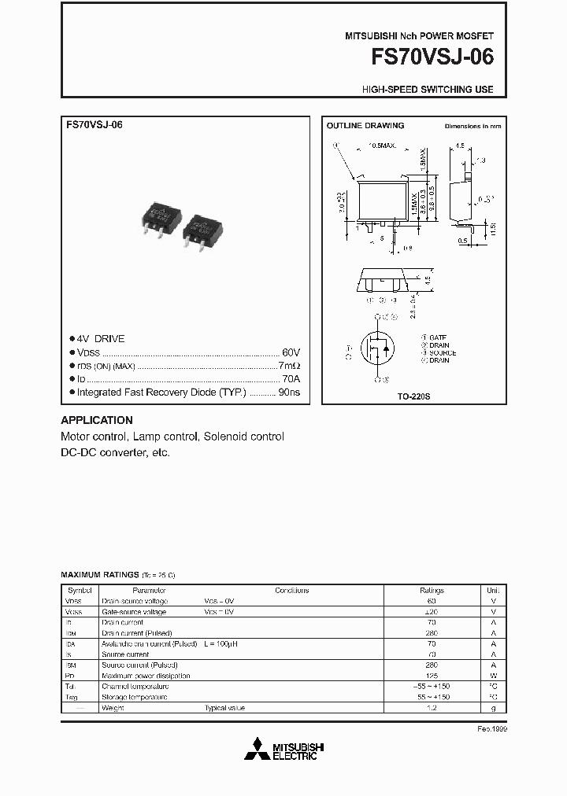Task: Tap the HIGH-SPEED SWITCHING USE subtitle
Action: point(428,90)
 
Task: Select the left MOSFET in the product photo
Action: point(161,215)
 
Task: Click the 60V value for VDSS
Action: point(291,352)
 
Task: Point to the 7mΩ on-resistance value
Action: point(289,366)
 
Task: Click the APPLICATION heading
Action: point(97,420)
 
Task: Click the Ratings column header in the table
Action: point(432,590)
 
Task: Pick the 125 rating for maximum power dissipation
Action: point(432,676)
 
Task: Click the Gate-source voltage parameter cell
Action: point(134,611)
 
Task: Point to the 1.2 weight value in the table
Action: point(432,708)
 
